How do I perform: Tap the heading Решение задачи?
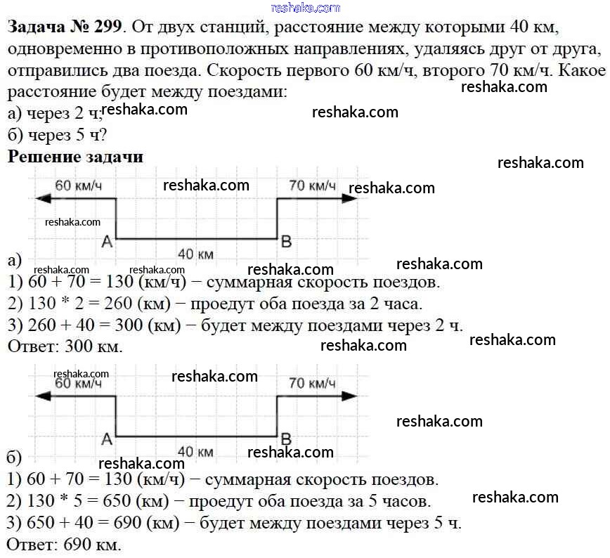pos(75,157)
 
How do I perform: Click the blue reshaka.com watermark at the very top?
pos(304,8)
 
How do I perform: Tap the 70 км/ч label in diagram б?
pos(312,383)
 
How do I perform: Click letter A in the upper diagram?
pos(107,242)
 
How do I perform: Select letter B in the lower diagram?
pos(286,439)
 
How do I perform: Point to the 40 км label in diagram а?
pos(196,253)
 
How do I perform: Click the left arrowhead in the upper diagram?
pos(41,199)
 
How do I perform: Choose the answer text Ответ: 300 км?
pos(64,346)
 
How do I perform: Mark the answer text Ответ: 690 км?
pos(64,545)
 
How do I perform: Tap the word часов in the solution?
pos(410,502)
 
